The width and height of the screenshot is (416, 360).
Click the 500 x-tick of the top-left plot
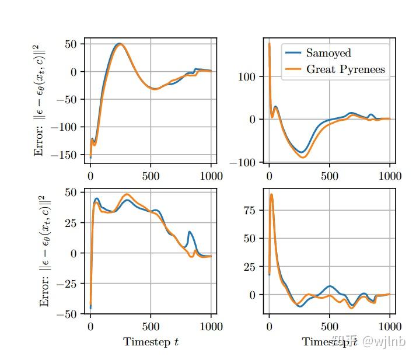click(x=151, y=176)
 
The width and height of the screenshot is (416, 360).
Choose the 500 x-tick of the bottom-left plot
click(x=151, y=326)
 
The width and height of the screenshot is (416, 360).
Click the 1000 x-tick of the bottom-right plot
click(x=390, y=326)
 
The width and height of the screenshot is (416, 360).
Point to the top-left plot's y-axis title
click(x=40, y=100)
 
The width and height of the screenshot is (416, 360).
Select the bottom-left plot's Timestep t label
click(x=151, y=342)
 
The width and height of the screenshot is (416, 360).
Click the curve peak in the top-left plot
click(x=119, y=44)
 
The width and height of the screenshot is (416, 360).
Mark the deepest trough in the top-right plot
click(x=303, y=156)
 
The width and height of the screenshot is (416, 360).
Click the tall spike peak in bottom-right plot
click(x=271, y=194)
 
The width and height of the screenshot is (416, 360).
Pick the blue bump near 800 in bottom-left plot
click(x=190, y=232)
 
